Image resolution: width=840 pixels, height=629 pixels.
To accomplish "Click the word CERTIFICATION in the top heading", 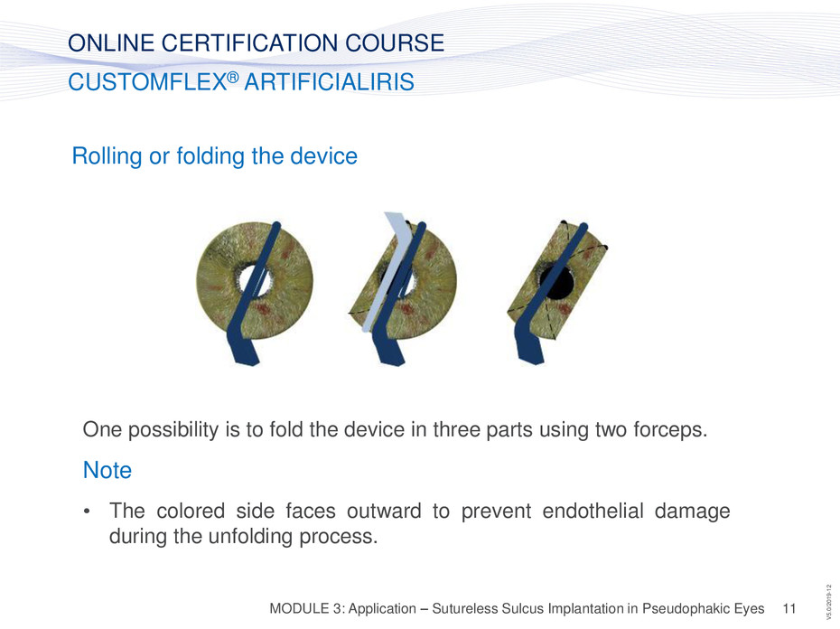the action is point(249,42).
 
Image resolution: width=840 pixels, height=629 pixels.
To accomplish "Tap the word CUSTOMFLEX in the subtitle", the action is point(147,82).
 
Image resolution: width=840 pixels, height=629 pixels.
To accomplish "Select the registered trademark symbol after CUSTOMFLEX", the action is point(232,77).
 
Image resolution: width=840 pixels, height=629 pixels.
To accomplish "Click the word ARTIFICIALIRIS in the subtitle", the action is point(329,82).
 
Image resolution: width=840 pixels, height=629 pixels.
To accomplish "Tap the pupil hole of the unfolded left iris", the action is point(255,280).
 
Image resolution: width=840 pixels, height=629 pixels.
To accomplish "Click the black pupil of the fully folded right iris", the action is point(556,283).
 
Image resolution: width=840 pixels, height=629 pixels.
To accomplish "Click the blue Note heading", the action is point(107,470).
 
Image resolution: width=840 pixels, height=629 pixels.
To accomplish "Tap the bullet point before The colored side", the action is point(87,511).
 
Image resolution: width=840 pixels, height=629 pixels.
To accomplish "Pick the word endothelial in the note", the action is point(593,511).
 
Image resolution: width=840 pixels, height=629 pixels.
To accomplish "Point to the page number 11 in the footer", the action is point(789,608).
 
